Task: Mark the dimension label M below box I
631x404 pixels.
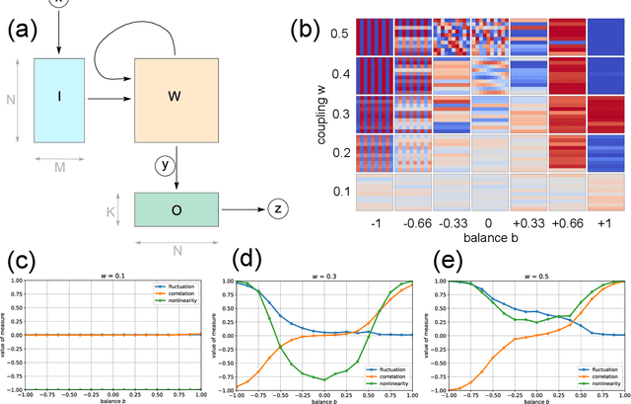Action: coord(61,166)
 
